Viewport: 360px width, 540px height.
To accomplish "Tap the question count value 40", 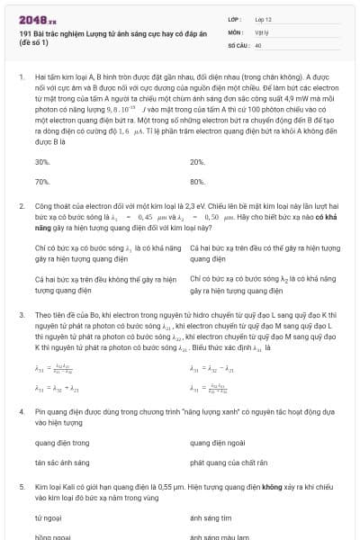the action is coord(258,44).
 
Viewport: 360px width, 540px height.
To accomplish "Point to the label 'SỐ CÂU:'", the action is coord(238,44).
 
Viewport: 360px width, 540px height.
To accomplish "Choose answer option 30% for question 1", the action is coord(42,162).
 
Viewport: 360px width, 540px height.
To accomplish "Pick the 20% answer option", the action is coord(198,162).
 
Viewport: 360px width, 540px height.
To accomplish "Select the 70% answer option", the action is coord(42,181).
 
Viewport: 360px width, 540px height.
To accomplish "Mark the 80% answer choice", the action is coord(198,181).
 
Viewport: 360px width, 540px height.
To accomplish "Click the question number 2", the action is coord(22,206).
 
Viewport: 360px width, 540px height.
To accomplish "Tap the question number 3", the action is coord(22,315).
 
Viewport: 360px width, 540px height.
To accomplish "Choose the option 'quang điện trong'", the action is coord(62,443).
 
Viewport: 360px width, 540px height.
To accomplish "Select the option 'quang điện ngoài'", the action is coord(219,443).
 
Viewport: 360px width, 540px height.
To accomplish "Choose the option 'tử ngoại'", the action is coord(48,518).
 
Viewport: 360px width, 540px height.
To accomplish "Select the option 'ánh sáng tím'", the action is coord(212,518).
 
